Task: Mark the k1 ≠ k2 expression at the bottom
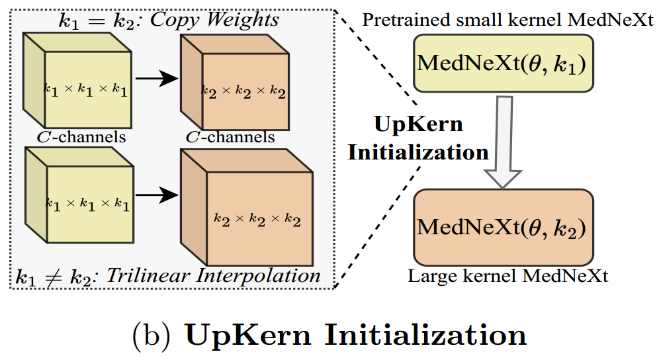click(x=56, y=275)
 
